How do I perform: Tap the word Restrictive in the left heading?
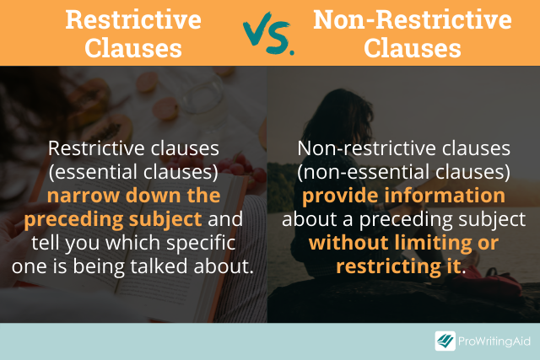(x=134, y=18)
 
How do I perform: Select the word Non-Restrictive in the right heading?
(x=412, y=18)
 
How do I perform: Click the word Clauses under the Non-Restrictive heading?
(x=412, y=48)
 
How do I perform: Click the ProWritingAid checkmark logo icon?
(x=445, y=341)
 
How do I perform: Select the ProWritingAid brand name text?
(x=494, y=341)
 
